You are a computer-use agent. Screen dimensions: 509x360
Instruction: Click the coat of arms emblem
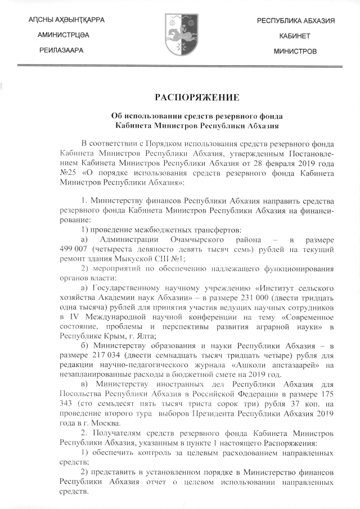[x=179, y=35]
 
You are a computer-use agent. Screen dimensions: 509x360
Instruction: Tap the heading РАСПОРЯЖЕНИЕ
[x=179, y=96]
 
